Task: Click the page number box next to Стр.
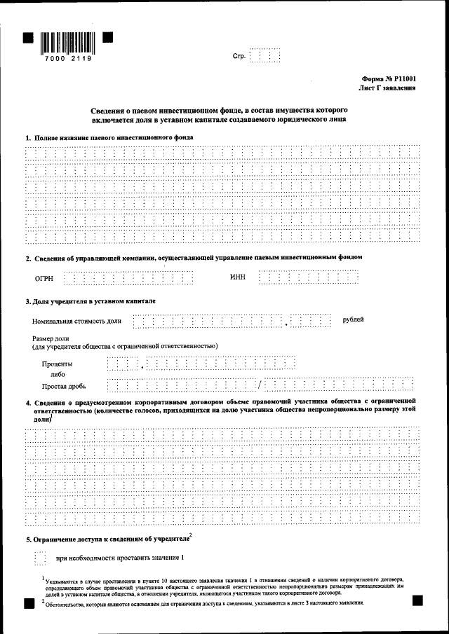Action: pos(264,55)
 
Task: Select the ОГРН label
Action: pos(44,278)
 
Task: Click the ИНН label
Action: pos(238,277)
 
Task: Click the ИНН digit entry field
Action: pos(309,277)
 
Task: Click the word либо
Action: pos(54,375)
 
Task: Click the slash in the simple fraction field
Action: pos(259,385)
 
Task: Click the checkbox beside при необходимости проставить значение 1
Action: pos(39,558)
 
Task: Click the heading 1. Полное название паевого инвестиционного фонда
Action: pos(109,137)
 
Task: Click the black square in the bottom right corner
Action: pos(417,600)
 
